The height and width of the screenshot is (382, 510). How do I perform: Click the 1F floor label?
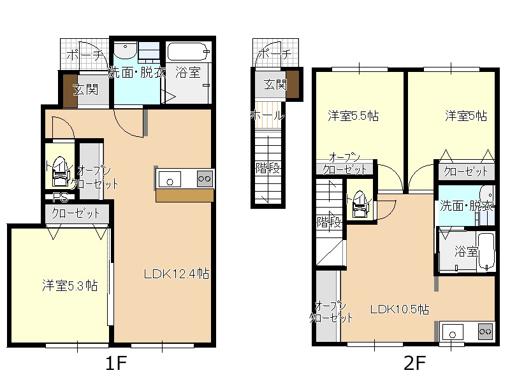pos(116,363)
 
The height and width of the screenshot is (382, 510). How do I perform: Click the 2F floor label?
pos(414,363)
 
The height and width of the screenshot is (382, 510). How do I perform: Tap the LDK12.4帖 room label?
pos(177,274)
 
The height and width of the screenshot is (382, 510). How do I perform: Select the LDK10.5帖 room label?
pos(400,309)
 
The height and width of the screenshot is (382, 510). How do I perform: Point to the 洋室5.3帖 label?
pos(70,285)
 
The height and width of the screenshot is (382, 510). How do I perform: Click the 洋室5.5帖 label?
pos(353,116)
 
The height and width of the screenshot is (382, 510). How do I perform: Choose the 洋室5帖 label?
pos(466,116)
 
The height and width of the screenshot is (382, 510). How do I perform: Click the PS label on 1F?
pos(60,197)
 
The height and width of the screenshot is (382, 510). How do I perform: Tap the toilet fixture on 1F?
pos(60,171)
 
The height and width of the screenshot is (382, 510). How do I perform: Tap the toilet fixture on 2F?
pos(360,204)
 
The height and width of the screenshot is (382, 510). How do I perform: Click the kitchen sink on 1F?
pos(170,179)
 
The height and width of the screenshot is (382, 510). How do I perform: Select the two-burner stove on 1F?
pos(205,178)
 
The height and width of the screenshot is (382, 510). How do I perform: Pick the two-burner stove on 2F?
pos(485,332)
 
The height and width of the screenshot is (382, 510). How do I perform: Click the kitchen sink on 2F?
pos(453,332)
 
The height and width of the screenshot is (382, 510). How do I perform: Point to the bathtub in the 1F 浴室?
pos(188,52)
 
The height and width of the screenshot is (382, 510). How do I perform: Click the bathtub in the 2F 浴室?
pos(486,251)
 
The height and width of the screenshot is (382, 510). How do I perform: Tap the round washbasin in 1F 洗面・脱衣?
pos(126,50)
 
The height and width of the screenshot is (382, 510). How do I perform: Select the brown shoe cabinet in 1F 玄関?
pos(70,91)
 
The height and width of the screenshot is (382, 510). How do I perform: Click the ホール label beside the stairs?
pos(267,115)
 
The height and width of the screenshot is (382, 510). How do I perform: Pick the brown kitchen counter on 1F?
pos(184,195)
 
